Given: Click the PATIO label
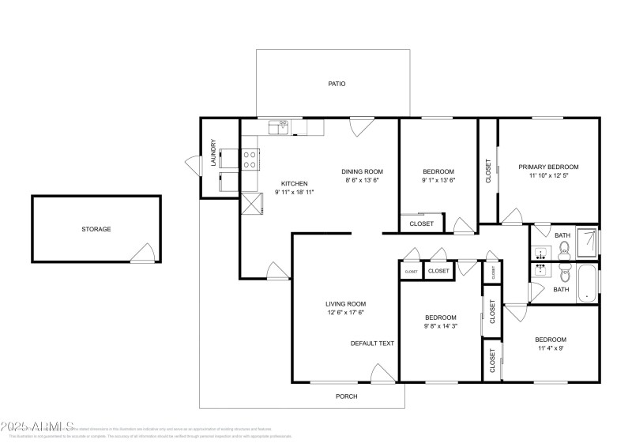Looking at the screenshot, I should (337, 84).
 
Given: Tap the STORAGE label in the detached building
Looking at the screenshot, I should (96, 229).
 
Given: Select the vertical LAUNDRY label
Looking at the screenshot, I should (213, 153).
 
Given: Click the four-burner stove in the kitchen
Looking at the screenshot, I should (250, 160).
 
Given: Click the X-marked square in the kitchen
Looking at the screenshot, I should (250, 204).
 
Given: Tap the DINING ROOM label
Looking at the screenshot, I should (362, 171).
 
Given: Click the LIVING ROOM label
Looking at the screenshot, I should (345, 303).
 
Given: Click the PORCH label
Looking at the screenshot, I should (346, 396).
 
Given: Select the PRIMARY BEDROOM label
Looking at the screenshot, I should (548, 167).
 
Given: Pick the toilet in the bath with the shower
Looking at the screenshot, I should (563, 251).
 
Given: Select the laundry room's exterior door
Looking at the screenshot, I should (193, 165).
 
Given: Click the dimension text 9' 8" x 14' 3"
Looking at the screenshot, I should (440, 326).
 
